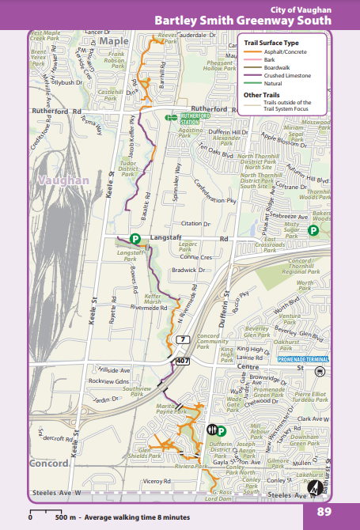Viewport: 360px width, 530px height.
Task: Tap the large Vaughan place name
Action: click(63, 181)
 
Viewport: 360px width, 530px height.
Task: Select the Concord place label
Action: click(49, 463)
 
